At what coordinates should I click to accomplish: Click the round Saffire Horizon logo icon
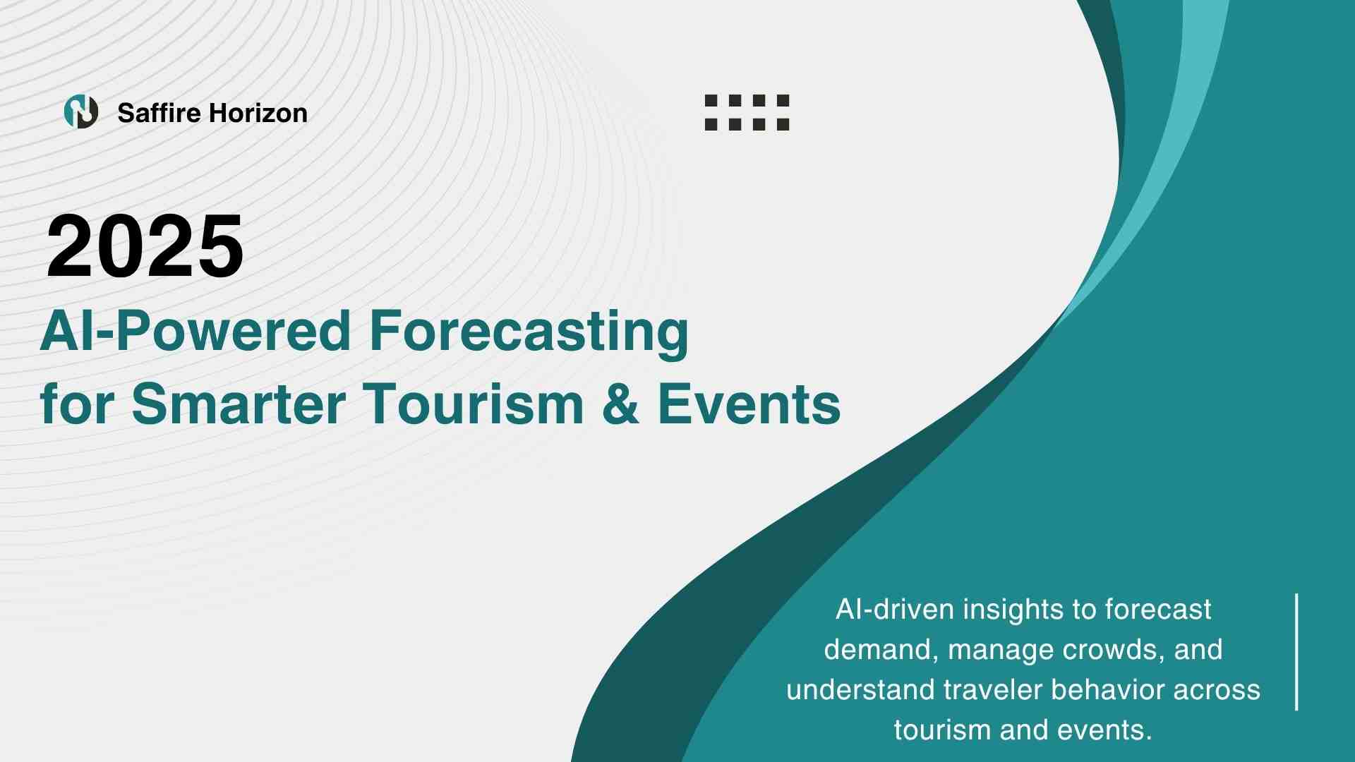[81, 111]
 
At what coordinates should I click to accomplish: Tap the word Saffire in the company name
[159, 113]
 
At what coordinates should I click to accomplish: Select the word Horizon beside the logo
[258, 113]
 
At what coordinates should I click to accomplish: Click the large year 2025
[145, 246]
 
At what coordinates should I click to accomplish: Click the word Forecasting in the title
[529, 333]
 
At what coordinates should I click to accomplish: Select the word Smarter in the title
[239, 404]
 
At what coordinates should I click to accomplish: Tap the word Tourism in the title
[474, 404]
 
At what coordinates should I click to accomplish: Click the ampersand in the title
[621, 404]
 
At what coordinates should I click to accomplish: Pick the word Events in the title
[749, 404]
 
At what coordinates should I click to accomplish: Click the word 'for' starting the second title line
[77, 404]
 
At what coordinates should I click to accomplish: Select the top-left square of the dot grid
[711, 100]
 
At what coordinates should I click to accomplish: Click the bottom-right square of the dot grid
[783, 124]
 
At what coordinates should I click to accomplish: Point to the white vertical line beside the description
[1297, 652]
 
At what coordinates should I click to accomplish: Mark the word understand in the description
[860, 690]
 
